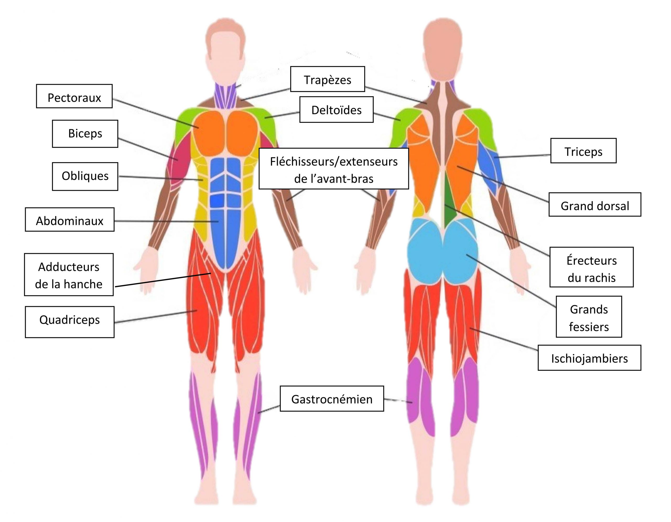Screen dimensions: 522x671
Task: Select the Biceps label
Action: point(85,134)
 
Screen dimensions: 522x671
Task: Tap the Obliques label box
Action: point(85,176)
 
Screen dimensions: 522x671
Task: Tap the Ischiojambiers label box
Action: point(589,358)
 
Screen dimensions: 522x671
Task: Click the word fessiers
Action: point(588,327)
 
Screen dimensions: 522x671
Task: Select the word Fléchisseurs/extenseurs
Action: point(334,161)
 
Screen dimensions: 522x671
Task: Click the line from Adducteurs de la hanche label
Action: point(163,280)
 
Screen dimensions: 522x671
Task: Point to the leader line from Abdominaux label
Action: point(166,221)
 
